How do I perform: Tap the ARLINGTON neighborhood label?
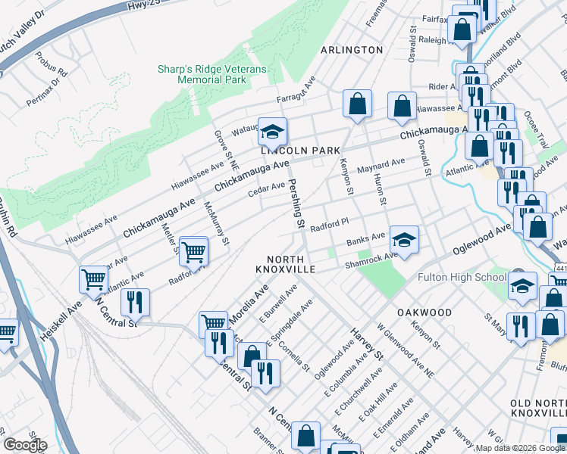click(352, 50)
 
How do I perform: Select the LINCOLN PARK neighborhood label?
click(301, 151)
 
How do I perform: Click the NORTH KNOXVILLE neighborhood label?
click(284, 264)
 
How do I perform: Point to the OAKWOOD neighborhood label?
click(424, 313)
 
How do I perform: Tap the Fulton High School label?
click(462, 277)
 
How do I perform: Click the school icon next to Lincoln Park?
click(272, 133)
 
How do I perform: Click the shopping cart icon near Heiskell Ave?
click(94, 280)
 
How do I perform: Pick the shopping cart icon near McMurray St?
click(194, 252)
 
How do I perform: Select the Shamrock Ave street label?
click(371, 259)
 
